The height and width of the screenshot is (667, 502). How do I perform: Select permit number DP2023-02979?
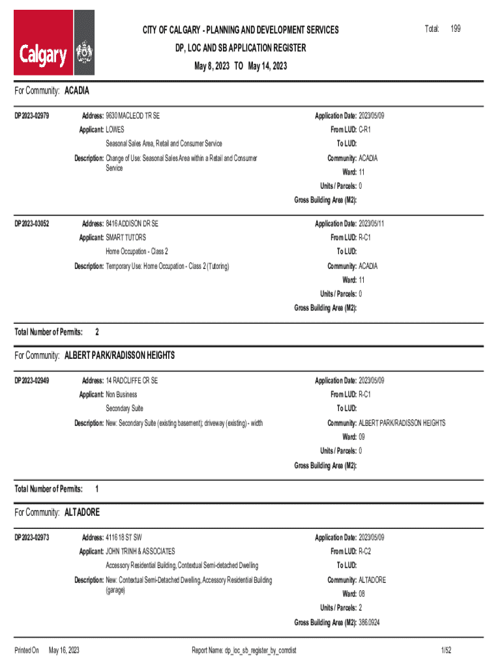(x=32, y=116)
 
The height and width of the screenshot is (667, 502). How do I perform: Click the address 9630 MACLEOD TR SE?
(x=132, y=116)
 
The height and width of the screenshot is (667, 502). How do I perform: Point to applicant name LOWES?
(x=115, y=130)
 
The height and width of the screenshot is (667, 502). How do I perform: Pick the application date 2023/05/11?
(x=372, y=223)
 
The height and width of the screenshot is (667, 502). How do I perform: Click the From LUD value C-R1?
(x=365, y=130)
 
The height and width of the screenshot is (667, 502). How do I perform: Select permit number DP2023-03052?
(x=32, y=223)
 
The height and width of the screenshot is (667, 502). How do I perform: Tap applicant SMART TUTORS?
(x=126, y=237)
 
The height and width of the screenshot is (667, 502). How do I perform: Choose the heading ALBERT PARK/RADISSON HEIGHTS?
(x=119, y=356)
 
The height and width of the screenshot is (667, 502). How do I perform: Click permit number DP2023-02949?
(x=32, y=380)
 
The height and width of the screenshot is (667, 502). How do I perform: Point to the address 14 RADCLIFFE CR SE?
(x=132, y=380)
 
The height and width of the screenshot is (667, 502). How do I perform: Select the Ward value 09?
(x=362, y=436)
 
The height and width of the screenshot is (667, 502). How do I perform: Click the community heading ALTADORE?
(x=82, y=513)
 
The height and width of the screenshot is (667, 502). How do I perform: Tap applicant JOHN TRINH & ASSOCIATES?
(x=140, y=551)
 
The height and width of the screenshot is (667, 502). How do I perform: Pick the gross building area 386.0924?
(x=369, y=623)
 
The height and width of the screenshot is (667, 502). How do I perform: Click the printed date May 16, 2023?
(x=64, y=650)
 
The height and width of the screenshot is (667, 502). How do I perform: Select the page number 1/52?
(x=447, y=650)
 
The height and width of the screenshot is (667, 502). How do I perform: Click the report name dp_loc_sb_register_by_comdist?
(x=260, y=650)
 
